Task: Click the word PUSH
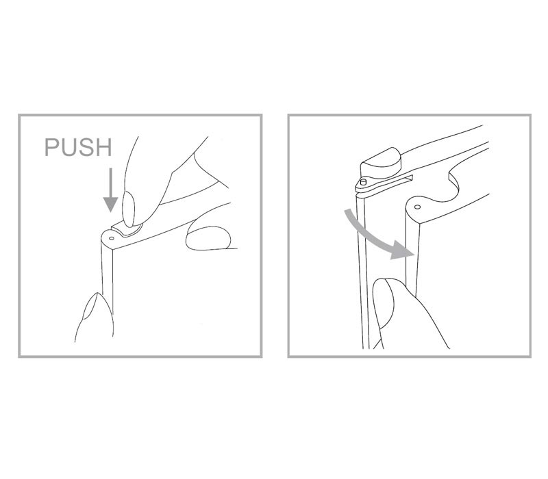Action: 78,147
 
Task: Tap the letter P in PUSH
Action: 52,147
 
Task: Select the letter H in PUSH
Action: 104,147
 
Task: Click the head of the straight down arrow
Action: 110,204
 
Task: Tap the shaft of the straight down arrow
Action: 110,182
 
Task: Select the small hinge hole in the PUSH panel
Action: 112,239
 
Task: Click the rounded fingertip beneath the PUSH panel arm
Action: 208,238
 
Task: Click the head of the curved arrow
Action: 403,250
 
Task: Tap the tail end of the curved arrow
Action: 347,212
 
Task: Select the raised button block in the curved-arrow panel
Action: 382,164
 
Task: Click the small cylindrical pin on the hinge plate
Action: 364,182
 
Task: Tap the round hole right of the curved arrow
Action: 417,207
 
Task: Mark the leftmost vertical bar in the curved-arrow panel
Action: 362,272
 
